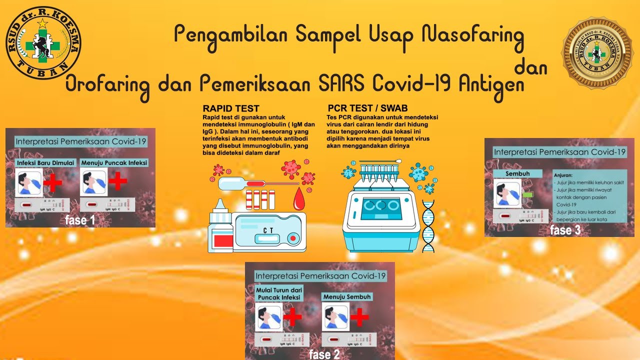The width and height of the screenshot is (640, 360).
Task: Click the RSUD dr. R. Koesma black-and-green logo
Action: tap(43, 43)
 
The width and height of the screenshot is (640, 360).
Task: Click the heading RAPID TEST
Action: tap(231, 108)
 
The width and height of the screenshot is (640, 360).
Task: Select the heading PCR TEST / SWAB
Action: tap(367, 108)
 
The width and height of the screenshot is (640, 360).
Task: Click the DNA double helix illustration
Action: tap(428, 225)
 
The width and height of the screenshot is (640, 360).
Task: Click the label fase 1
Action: tap(79, 219)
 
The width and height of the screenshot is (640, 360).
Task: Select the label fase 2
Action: tap(324, 354)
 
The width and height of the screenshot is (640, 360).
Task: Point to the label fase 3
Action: tap(565, 230)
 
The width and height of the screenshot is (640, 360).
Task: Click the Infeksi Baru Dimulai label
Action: tap(45, 163)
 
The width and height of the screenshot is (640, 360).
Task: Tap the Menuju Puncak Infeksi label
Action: tap(114, 163)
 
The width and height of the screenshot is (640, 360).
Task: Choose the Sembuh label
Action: tap(517, 173)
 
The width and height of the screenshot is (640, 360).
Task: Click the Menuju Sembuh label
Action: tap(347, 296)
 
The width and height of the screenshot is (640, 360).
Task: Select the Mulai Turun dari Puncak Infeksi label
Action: tap(279, 293)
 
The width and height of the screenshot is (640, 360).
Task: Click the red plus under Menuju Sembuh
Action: tap(359, 317)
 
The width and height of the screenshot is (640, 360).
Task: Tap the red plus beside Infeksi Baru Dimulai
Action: tap(52, 182)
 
